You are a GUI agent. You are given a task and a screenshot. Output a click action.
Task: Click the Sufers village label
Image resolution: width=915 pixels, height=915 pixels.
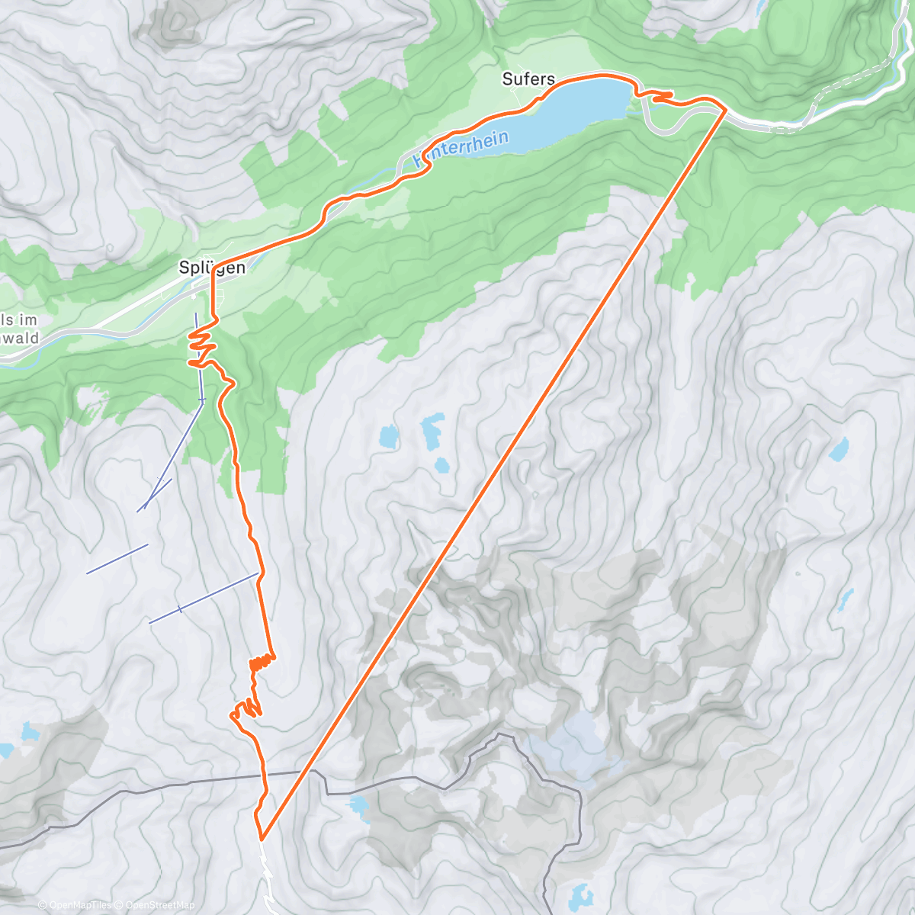pos(528,79)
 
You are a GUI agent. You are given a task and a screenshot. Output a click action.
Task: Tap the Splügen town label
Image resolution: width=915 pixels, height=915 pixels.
pos(212,267)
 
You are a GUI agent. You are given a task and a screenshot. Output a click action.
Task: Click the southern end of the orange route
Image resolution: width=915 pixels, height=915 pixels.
pos(262,838)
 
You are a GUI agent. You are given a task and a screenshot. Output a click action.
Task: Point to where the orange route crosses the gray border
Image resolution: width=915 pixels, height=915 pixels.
pos(265,775)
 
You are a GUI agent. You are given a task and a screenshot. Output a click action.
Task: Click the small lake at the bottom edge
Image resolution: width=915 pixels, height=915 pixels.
pos(581,894)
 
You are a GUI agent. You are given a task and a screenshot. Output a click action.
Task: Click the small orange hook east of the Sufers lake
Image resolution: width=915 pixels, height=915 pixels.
pos(660,95)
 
